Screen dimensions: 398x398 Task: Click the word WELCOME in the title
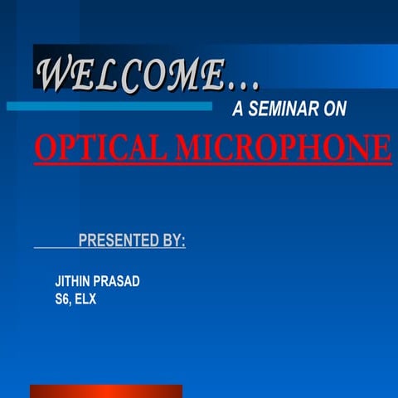pyautogui.click(x=130, y=75)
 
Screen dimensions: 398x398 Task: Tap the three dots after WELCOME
pyautogui.click(x=244, y=84)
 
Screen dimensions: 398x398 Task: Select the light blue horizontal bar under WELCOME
pyautogui.click(x=109, y=106)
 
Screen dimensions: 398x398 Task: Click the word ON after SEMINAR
pyautogui.click(x=335, y=109)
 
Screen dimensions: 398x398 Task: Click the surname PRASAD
pyautogui.click(x=118, y=281)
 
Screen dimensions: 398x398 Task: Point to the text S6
pyautogui.click(x=62, y=299)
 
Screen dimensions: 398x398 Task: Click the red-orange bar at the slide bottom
pyautogui.click(x=106, y=391)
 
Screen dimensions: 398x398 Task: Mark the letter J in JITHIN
pyautogui.click(x=57, y=281)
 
